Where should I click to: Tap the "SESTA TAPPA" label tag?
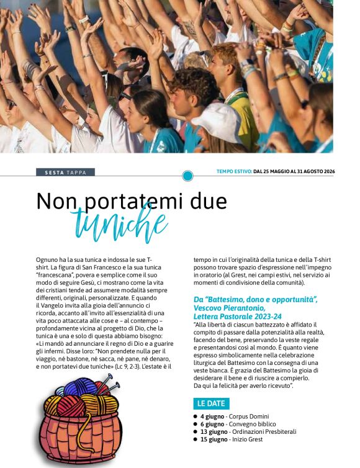point(65,171)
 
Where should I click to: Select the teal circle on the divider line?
point(187,176)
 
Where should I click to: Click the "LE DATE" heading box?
point(211,403)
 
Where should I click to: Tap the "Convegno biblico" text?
point(254,424)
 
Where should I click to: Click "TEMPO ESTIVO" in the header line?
point(233,171)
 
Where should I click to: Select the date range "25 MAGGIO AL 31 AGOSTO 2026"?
point(297,171)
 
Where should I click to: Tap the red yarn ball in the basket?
point(70,405)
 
